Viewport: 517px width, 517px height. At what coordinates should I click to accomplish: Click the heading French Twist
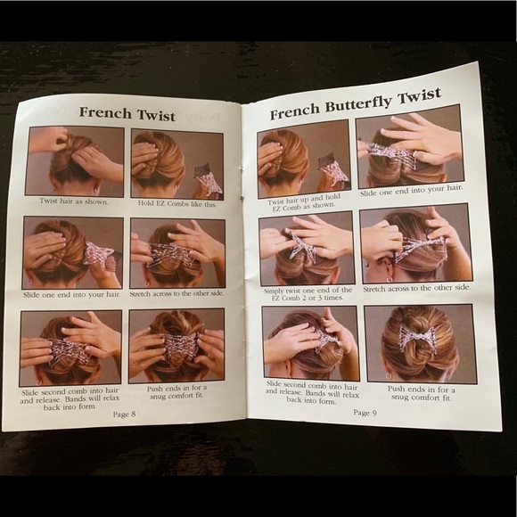click(x=127, y=114)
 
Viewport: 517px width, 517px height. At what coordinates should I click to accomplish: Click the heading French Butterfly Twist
click(x=356, y=104)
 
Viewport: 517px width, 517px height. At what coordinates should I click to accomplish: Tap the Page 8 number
click(x=124, y=414)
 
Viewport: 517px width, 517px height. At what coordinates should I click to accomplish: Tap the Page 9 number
click(x=365, y=413)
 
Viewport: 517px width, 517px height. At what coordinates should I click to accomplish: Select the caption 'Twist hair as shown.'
click(x=74, y=201)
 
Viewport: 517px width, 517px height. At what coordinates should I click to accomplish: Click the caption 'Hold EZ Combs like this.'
click(x=177, y=203)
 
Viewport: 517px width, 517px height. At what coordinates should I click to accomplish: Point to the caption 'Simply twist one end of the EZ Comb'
click(x=308, y=294)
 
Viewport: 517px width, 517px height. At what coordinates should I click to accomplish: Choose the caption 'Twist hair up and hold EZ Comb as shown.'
click(x=304, y=201)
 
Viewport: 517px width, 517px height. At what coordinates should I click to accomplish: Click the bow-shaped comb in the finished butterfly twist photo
click(x=418, y=337)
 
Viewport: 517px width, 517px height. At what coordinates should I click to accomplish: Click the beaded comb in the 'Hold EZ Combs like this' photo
click(x=208, y=181)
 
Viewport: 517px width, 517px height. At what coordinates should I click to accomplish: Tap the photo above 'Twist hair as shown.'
click(x=75, y=161)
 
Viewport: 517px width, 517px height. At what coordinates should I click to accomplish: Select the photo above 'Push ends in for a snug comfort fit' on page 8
click(x=176, y=346)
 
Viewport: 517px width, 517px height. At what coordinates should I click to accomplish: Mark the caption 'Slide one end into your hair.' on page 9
click(x=411, y=191)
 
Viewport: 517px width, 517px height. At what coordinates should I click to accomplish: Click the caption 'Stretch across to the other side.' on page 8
click(x=176, y=293)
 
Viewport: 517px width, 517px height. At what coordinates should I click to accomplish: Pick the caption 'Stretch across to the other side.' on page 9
click(x=417, y=288)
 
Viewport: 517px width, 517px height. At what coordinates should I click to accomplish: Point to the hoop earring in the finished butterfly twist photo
click(x=389, y=375)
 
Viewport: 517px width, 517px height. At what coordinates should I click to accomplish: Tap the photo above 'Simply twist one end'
click(x=307, y=250)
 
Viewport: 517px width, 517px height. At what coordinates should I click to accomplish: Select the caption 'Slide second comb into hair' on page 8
click(x=70, y=399)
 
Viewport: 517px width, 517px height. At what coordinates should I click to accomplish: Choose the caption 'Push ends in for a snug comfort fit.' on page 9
click(x=422, y=393)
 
